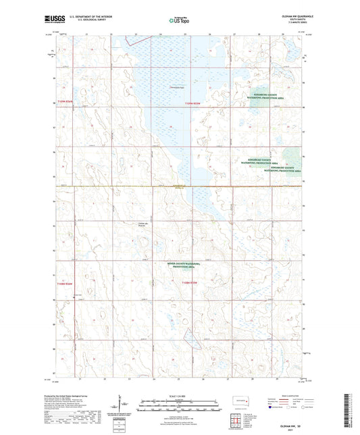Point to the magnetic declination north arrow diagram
[x=121, y=407]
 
